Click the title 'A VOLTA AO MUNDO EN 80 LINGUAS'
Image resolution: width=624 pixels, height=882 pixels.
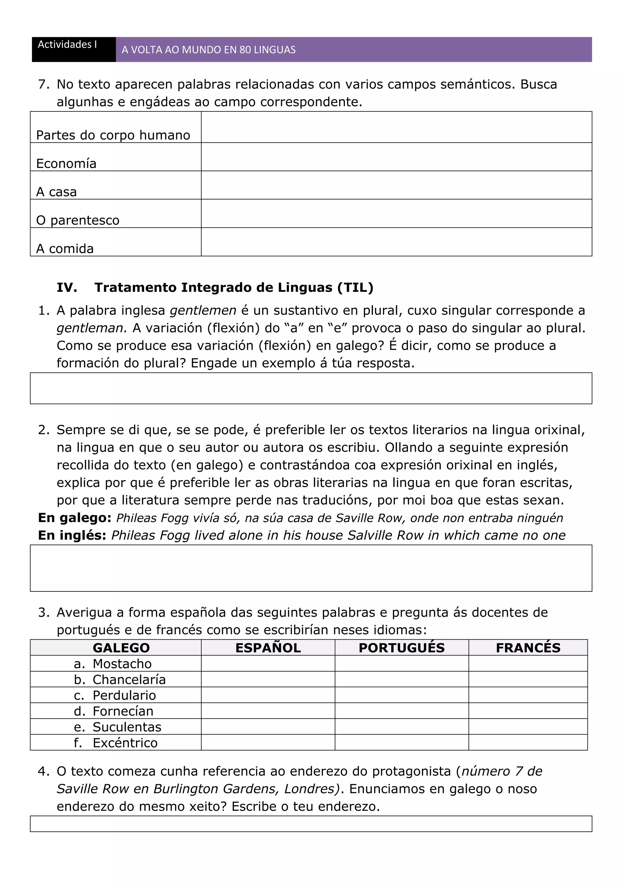coord(209,50)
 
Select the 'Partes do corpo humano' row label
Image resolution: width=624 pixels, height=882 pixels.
coord(113,135)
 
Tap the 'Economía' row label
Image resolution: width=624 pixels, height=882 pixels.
coord(66,164)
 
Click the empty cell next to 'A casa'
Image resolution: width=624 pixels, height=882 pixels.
coord(396,185)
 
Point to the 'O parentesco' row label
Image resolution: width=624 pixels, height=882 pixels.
coord(78,220)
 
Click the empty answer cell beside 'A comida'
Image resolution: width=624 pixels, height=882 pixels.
coord(396,242)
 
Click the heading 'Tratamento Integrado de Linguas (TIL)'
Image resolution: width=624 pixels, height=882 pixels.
coord(234,287)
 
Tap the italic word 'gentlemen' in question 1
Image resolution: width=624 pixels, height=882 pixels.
coord(203,310)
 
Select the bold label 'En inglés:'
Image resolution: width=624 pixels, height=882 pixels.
coord(72,535)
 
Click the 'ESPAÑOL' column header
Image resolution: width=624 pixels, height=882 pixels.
coord(268,648)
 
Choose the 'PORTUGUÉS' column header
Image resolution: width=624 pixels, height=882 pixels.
coord(402,648)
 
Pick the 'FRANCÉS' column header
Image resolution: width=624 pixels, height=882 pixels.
coord(528,648)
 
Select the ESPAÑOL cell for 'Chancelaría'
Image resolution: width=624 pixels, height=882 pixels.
coord(268,679)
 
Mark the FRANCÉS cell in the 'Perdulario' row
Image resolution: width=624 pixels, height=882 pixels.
coord(528,695)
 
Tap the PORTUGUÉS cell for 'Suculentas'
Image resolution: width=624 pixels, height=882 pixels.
coord(402,727)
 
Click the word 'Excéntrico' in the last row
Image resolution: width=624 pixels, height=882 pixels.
coord(125,743)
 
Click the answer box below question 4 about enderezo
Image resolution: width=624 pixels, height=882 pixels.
coord(311,824)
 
